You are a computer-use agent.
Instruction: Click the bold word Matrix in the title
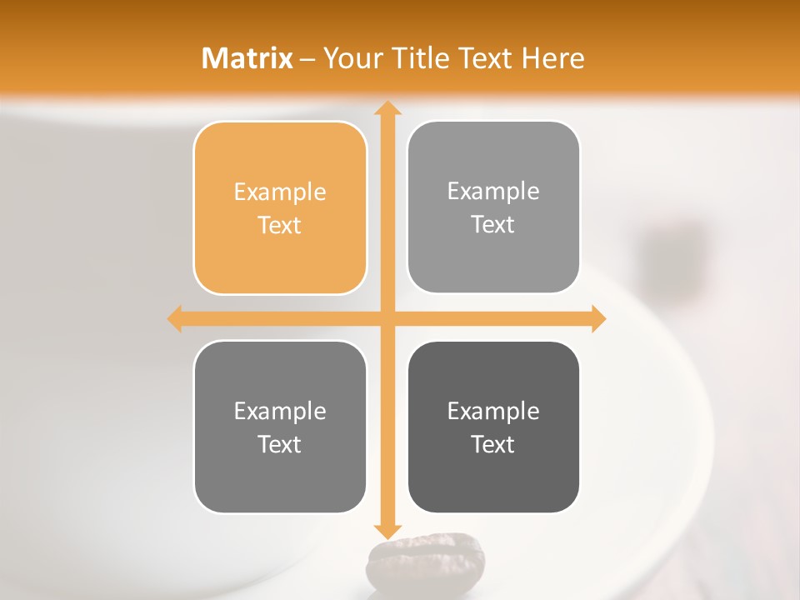[247, 58]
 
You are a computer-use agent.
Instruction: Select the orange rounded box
[280, 207]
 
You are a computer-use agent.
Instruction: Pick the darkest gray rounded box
[493, 427]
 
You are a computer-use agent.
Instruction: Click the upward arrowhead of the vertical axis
[386, 108]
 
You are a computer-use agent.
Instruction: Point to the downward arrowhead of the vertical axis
[386, 531]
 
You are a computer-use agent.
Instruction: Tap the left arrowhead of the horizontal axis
[175, 319]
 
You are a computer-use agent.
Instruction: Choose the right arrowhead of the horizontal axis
[597, 319]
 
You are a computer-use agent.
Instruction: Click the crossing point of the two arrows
[386, 319]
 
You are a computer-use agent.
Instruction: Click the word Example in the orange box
[280, 192]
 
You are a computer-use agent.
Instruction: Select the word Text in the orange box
[280, 225]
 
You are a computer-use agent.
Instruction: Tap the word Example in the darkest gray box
[493, 411]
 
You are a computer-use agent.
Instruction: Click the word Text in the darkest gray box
[493, 444]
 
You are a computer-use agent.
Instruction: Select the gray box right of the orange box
[493, 207]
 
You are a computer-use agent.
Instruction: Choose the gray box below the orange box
[280, 427]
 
